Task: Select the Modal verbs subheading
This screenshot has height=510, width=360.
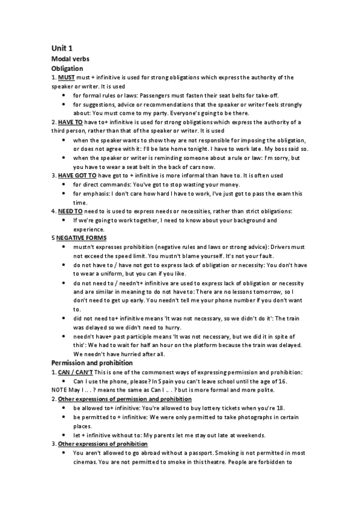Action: coord(70,59)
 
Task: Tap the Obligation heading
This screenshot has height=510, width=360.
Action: coord(67,69)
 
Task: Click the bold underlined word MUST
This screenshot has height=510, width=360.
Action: coord(66,78)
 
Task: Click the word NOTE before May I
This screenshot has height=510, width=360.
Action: coord(59,390)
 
